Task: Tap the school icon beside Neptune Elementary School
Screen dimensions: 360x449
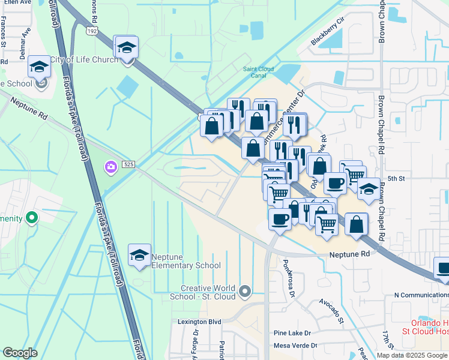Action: pos(139,255)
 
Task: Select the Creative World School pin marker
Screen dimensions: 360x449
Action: pos(244,292)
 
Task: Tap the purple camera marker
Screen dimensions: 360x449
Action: pos(110,167)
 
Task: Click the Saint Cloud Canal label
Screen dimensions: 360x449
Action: pos(259,72)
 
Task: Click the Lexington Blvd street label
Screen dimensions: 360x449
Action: pos(199,322)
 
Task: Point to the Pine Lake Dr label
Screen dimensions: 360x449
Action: pos(292,333)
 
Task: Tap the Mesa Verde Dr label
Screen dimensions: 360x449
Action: pos(294,346)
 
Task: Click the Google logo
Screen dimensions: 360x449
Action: pos(21,352)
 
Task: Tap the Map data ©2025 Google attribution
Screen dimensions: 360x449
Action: pos(412,355)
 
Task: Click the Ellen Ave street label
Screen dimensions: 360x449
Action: pos(16,2)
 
